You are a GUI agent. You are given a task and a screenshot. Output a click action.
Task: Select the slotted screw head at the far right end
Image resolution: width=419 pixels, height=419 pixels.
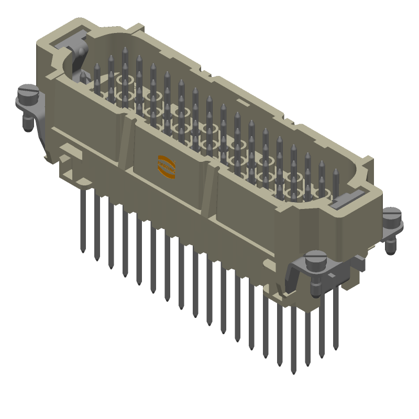391,214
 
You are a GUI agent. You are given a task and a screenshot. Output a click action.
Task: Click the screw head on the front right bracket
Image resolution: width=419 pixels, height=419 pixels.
315,258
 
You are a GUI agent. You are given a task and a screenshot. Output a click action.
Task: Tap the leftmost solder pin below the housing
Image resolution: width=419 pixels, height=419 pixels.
84,220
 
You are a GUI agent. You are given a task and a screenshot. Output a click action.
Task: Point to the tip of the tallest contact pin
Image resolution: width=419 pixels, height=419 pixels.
125,50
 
